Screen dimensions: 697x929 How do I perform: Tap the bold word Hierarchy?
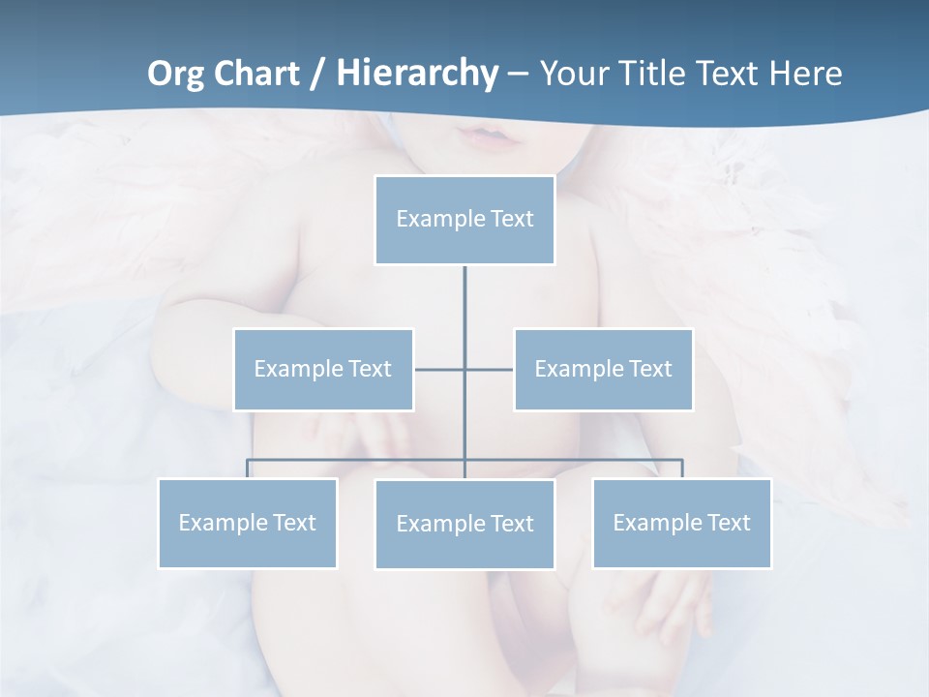[416, 74]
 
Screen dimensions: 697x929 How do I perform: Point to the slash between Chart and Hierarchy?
[317, 74]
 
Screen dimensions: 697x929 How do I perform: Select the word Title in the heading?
[651, 74]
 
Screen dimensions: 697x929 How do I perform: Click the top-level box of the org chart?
[464, 220]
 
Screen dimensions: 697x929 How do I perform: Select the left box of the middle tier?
[323, 369]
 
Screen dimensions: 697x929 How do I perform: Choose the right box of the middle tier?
[603, 369]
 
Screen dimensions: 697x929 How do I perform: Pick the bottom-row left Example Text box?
[248, 523]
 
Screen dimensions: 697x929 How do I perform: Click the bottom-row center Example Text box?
[464, 524]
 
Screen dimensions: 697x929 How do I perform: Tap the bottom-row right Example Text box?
[681, 523]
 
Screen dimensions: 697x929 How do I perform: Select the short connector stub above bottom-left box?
[248, 469]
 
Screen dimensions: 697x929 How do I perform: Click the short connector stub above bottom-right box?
[681, 469]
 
